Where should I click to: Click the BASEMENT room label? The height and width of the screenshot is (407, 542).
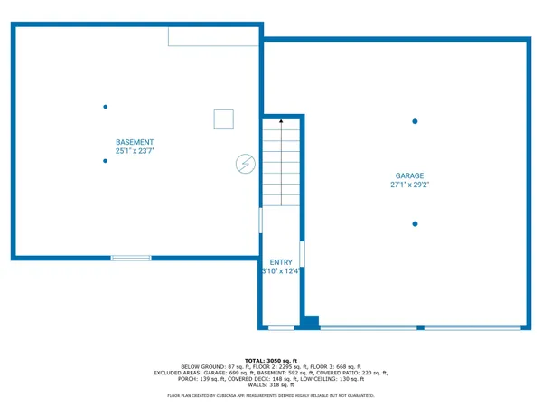pyautogui.click(x=135, y=142)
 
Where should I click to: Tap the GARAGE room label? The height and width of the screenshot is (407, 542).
pyautogui.click(x=408, y=175)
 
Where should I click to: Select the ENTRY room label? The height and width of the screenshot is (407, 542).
pyautogui.click(x=281, y=262)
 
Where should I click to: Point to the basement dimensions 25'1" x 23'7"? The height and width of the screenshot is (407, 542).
pyautogui.click(x=135, y=151)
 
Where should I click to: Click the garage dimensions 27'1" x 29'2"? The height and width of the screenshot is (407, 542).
pyautogui.click(x=408, y=185)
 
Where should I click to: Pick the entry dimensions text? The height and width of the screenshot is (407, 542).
pyautogui.click(x=280, y=271)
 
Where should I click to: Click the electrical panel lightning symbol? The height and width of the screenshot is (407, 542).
pyautogui.click(x=245, y=164)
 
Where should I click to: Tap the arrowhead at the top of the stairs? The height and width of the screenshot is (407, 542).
pyautogui.click(x=281, y=119)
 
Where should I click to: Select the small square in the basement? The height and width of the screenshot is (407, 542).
pyautogui.click(x=223, y=119)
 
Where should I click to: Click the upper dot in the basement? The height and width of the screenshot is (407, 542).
pyautogui.click(x=106, y=107)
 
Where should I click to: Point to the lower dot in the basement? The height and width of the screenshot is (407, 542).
pyautogui.click(x=106, y=161)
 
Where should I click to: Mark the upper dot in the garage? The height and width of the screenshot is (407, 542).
pyautogui.click(x=415, y=121)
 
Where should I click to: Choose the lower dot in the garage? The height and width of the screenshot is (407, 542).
pyautogui.click(x=415, y=223)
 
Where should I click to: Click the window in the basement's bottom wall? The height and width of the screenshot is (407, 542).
pyautogui.click(x=131, y=259)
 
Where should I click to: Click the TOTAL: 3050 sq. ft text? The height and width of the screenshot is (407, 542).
pyautogui.click(x=270, y=360)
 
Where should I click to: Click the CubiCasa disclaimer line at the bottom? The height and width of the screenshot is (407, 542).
pyautogui.click(x=270, y=396)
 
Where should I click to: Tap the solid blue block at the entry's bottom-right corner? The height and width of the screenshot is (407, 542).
pyautogui.click(x=311, y=321)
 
